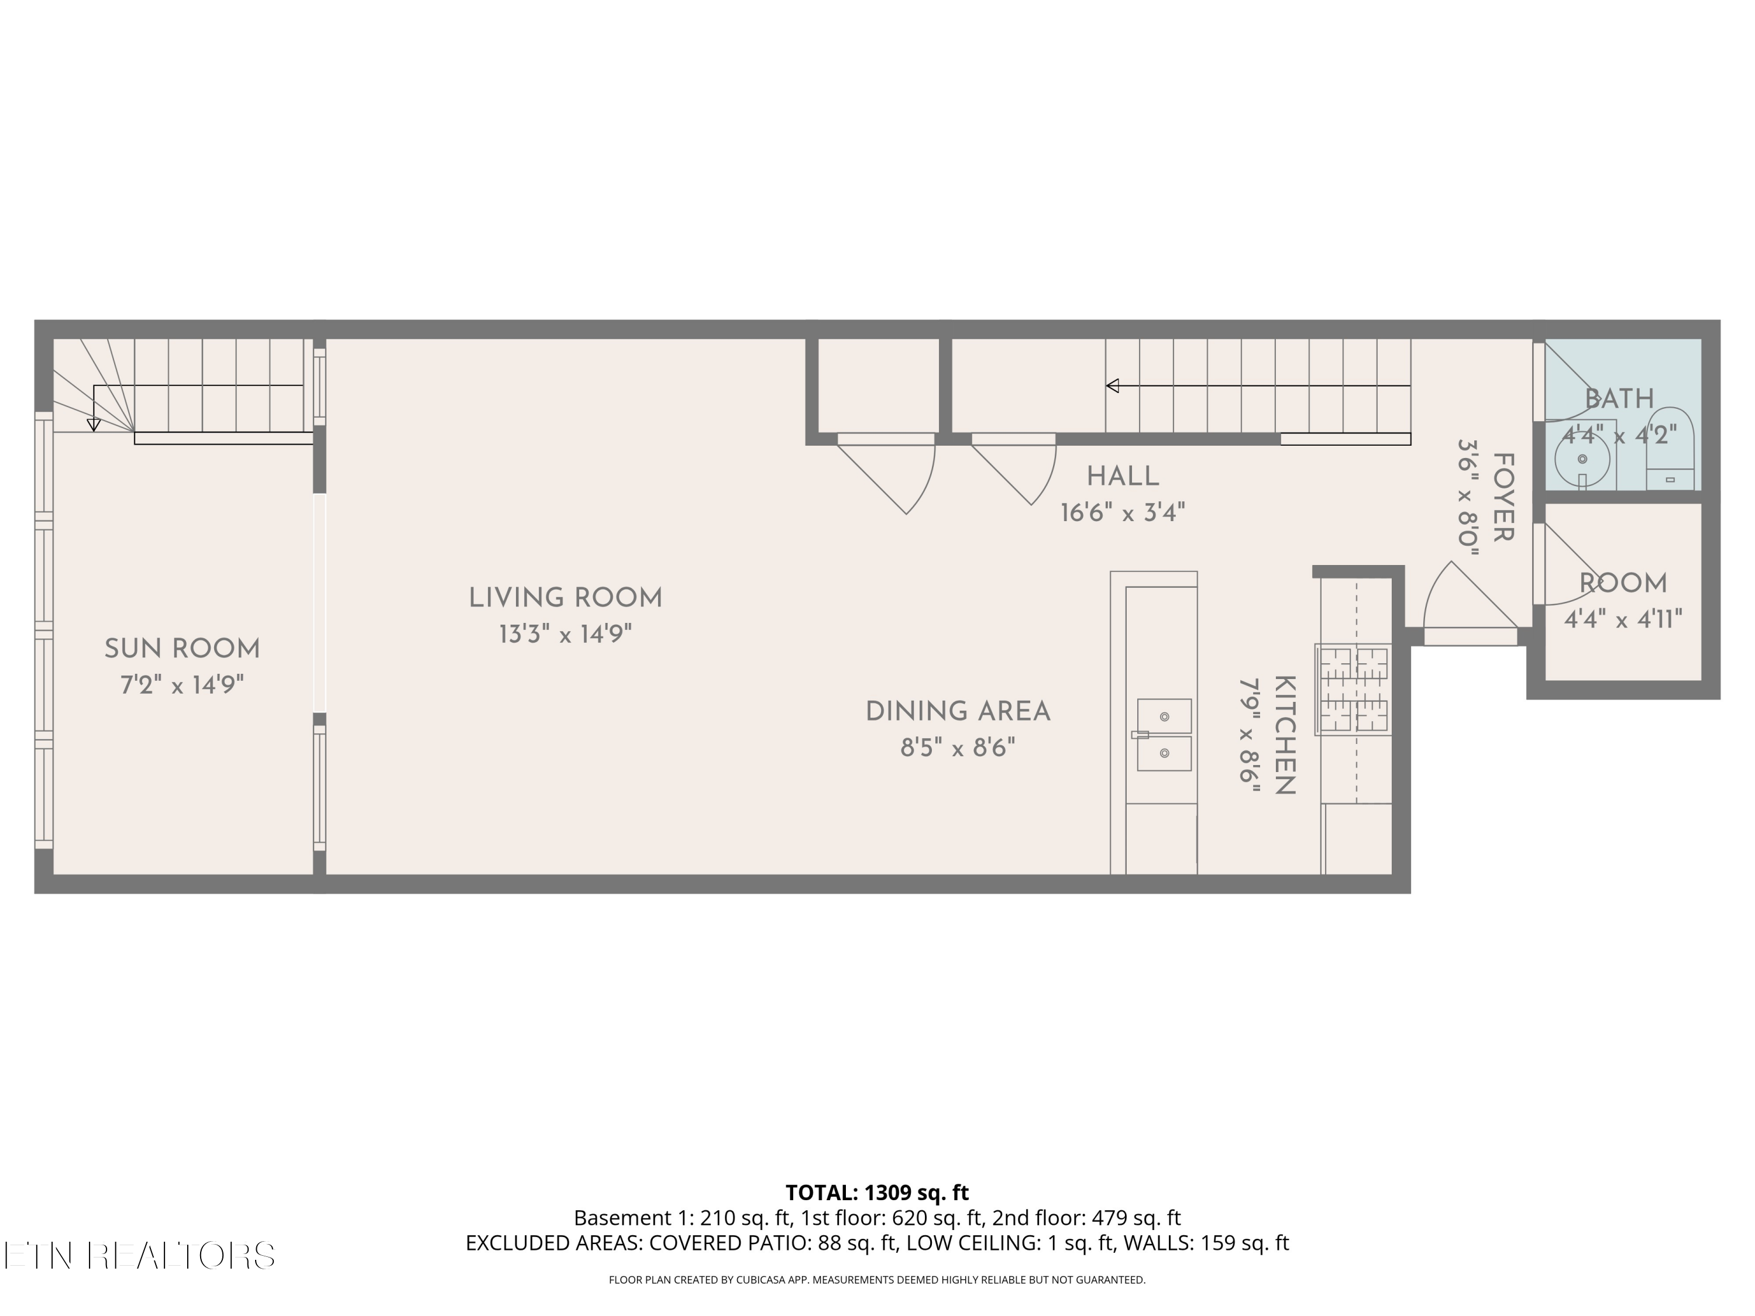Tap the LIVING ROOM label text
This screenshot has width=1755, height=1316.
coord(566,598)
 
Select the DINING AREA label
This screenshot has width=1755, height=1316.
coord(958,712)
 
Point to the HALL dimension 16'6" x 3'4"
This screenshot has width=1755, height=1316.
coord(1123,513)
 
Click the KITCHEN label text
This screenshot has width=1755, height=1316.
coord(1285,735)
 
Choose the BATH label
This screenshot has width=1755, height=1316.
coord(1619,398)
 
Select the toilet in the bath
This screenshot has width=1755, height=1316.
coord(1670,449)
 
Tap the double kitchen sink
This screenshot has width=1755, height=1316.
coord(1164,735)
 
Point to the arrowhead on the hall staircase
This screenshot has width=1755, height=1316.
coord(1112,386)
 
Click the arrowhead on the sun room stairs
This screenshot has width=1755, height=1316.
coord(94,425)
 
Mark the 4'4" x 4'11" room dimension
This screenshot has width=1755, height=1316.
coord(1623,619)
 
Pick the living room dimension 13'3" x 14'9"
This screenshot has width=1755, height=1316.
coord(566,635)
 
